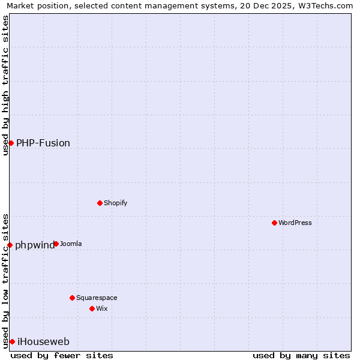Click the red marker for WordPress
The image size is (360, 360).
[274, 223]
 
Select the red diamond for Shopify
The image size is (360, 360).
[100, 203]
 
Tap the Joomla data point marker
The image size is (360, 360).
[56, 244]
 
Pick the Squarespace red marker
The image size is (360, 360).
[72, 298]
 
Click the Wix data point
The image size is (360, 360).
[92, 308]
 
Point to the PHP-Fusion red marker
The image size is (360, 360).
[11, 143]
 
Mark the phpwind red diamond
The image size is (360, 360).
[10, 245]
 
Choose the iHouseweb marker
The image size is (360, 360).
[12, 341]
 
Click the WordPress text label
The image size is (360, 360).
[295, 223]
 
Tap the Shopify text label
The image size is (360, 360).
[115, 203]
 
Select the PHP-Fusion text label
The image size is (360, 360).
[43, 143]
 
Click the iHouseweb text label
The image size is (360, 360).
[43, 342]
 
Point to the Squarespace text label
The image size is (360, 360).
[97, 298]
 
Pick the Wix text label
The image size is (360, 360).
[101, 308]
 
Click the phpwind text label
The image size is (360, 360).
[34, 245]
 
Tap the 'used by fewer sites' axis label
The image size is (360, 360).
[62, 355]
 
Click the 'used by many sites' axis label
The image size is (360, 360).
[301, 355]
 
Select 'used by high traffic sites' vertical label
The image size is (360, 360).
[5, 85]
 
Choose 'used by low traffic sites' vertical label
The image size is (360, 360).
[5, 280]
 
